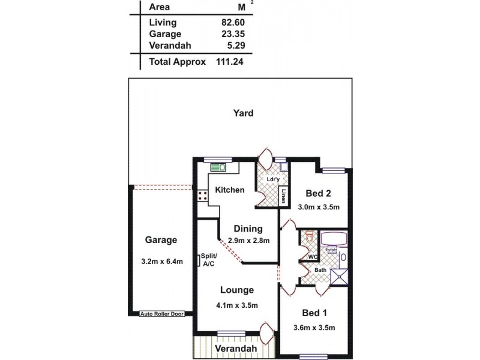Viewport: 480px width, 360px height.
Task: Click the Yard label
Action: coord(244,113)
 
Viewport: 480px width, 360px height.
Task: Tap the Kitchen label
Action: coord(230,190)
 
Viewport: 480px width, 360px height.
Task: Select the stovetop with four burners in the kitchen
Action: coord(201,194)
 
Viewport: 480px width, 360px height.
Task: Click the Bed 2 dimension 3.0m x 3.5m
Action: coord(319,208)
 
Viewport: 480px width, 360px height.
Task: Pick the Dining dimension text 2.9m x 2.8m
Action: coord(248,241)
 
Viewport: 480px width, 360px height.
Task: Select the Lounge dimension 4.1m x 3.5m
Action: coord(236,305)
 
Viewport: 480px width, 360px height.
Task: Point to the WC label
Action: coord(313,257)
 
